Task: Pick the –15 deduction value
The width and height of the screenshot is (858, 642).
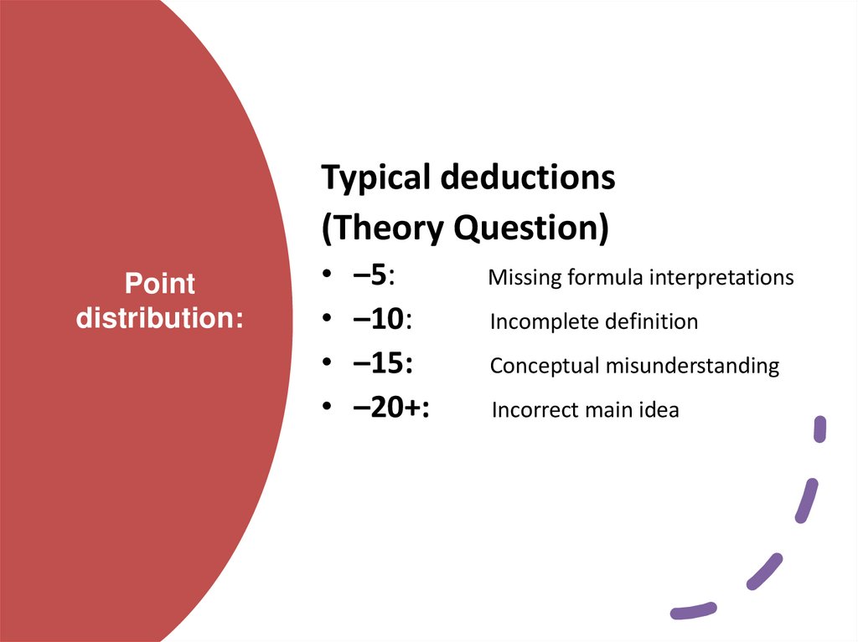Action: click(381, 365)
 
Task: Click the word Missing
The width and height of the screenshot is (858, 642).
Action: click(525, 277)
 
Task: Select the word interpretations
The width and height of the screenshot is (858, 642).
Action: click(724, 277)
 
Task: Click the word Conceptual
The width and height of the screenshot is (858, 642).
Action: click(541, 366)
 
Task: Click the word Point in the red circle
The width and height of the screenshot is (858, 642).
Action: click(159, 284)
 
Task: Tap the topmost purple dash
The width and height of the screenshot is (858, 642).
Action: click(820, 429)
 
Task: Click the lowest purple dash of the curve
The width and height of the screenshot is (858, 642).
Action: click(693, 611)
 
